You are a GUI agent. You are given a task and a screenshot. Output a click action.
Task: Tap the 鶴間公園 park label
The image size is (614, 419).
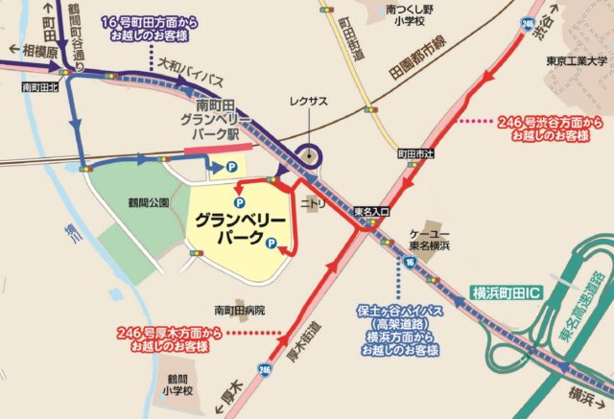pyautogui.click(x=147, y=202)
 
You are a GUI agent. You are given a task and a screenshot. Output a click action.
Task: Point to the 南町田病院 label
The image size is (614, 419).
pyautogui.click(x=240, y=310)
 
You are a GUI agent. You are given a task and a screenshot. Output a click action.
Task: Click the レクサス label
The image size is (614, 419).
pyautogui.click(x=308, y=100)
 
